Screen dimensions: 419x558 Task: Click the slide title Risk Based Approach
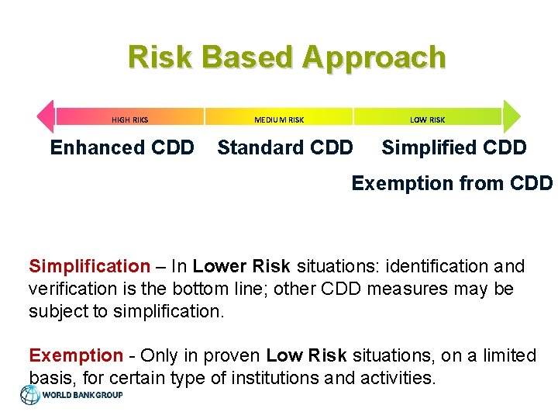287,57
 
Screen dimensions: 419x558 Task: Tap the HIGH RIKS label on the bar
129,119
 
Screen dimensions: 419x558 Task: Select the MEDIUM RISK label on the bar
279,119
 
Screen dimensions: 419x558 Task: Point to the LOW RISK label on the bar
427,119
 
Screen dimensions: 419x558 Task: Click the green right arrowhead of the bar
513,116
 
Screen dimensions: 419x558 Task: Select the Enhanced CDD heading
122,147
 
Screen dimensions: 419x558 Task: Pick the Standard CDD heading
284,147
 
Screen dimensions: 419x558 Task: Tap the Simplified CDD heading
454,147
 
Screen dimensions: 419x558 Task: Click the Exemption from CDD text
452,183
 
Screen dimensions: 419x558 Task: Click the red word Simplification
89,266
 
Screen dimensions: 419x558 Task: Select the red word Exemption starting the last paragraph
75,355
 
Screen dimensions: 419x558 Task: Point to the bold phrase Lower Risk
241,266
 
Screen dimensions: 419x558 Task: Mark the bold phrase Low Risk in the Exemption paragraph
307,355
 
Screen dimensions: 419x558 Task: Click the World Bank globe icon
30,395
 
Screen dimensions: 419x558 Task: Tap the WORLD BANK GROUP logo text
82,395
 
